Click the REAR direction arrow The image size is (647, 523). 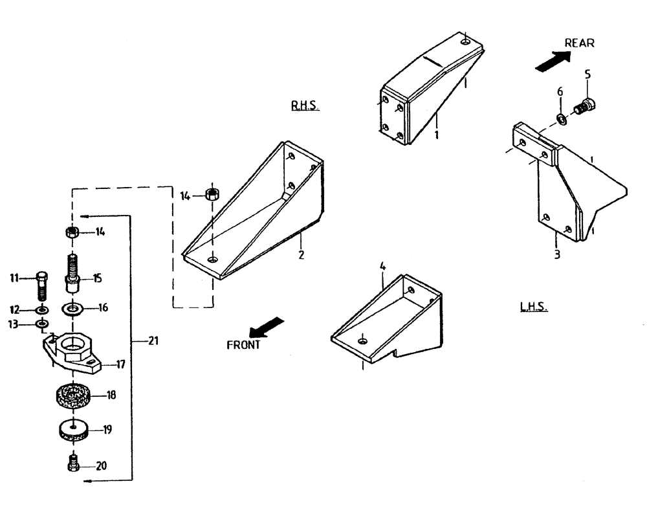click(x=553, y=61)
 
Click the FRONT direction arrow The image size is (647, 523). click(x=267, y=325)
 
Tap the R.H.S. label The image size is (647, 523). click(x=305, y=106)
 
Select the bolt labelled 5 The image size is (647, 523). click(x=586, y=105)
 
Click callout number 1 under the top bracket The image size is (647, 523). click(x=437, y=135)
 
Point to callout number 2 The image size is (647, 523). click(x=301, y=255)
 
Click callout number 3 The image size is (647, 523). click(x=557, y=254)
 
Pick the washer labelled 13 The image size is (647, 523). click(x=41, y=323)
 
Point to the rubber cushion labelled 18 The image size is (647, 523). click(x=72, y=395)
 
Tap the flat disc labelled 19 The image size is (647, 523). click(x=74, y=429)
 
